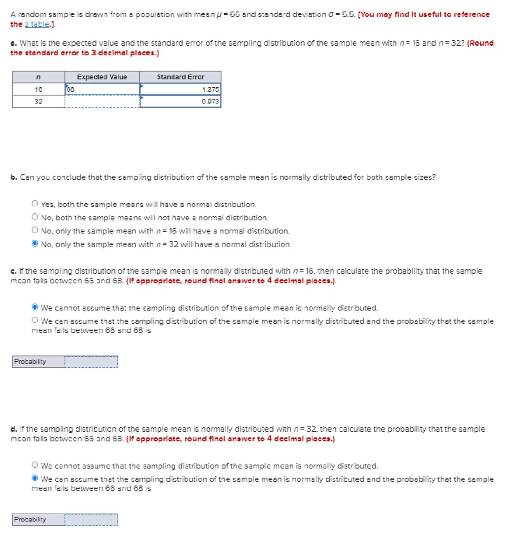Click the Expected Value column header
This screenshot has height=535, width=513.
pos(102,77)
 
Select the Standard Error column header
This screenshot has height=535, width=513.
pos(180,77)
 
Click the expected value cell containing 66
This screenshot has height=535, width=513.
pos(102,89)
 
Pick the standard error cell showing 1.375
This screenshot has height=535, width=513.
pos(180,89)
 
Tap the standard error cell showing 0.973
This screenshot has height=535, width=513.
pos(180,101)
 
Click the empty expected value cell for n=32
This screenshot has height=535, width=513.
pos(102,101)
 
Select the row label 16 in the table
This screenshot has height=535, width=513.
pos(38,89)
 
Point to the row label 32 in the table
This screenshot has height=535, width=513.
pos(38,101)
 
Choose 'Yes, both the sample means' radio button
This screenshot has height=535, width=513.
pos(35,204)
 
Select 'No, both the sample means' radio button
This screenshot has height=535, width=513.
pos(35,217)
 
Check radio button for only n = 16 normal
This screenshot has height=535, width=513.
pos(35,230)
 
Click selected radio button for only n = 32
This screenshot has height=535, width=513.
pos(35,244)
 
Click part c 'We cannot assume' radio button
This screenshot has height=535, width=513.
pos(35,307)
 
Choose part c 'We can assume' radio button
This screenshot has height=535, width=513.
pos(35,321)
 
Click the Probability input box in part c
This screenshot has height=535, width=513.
pos(91,362)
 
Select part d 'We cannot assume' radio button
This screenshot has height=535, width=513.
pos(35,465)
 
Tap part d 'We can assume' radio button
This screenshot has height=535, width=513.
pos(35,479)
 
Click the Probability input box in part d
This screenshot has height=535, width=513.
pos(91,520)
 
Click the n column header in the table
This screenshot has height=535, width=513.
pos(38,77)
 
